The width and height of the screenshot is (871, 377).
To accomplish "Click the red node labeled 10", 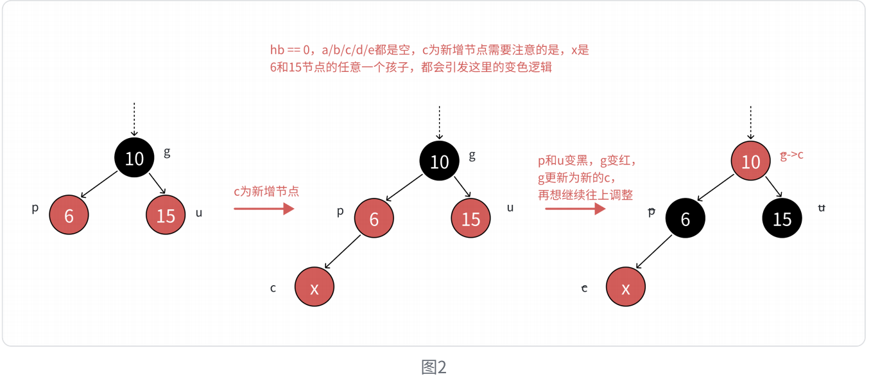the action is [x=750, y=161].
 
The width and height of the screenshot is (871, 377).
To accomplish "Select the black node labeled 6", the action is [x=685, y=219].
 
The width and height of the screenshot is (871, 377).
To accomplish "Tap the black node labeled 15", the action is [x=782, y=219].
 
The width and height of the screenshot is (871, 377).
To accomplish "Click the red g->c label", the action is [x=791, y=155].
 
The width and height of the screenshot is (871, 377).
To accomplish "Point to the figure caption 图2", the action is [x=434, y=367].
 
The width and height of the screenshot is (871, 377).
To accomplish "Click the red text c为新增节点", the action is [x=266, y=191].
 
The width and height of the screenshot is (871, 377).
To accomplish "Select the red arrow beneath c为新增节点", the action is [x=263, y=209].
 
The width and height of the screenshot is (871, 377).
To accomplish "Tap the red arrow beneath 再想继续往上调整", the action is [x=575, y=209].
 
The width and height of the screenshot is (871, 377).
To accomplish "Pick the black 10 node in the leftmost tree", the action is [x=134, y=157].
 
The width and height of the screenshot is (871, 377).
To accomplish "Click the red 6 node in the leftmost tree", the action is [x=69, y=215].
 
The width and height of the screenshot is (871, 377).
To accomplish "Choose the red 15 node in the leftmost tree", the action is [x=166, y=215].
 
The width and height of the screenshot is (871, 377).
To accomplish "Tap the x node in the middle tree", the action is [x=315, y=288].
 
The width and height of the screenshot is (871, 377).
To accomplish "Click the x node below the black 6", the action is [x=625, y=288].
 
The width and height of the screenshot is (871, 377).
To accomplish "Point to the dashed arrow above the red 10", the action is [x=750, y=122].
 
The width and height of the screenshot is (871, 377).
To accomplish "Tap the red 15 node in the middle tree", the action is [x=470, y=219].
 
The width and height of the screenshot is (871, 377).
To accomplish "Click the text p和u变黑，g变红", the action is [x=587, y=162].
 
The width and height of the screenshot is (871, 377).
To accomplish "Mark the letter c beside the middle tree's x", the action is [x=273, y=288].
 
